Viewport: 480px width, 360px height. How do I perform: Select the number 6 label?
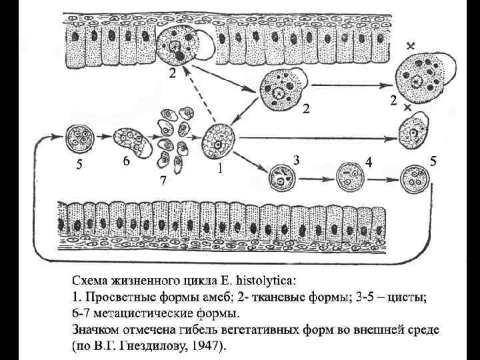click(x=125, y=162)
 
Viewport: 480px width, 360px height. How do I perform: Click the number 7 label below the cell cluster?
click(x=163, y=181)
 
